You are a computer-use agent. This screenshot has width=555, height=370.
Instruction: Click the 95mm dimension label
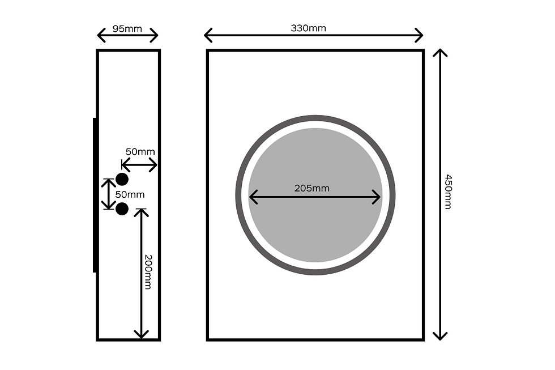coord(127,29)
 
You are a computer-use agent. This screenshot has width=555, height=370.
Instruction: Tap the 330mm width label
coord(308,28)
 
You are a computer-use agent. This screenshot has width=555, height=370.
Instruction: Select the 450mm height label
coord(448,192)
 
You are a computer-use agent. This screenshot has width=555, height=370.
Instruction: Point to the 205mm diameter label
coord(312,188)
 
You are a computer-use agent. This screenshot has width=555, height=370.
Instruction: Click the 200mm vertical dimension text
coord(148,272)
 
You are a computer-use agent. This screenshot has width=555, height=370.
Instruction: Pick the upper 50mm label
coord(140,151)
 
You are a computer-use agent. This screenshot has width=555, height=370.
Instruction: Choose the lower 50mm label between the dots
coord(130,194)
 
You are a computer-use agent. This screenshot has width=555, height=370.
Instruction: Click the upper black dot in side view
coord(122,180)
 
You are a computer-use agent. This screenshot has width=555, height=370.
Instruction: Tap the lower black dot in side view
coord(122,209)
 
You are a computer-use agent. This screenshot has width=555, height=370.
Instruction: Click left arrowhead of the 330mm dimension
coord(208,35)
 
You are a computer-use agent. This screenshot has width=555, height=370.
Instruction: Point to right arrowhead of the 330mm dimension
coord(419,35)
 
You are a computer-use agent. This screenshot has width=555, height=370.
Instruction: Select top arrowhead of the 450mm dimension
coord(440,53)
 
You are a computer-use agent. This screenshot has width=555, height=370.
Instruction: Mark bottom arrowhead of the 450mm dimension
coord(440,336)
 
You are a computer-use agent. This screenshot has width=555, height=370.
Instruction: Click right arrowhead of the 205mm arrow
coord(377,197)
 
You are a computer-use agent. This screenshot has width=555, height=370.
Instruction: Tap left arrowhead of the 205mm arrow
coord(254,197)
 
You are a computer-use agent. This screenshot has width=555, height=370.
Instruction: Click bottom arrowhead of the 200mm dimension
coord(141,335)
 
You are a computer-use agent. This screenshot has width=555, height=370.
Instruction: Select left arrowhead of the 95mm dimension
coord(101,35)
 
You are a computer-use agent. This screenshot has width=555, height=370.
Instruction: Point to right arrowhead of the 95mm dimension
coord(154,35)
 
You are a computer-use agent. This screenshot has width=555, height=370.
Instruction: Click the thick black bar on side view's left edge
coord(95,195)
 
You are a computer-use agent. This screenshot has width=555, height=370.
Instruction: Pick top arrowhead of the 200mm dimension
coord(141,212)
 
